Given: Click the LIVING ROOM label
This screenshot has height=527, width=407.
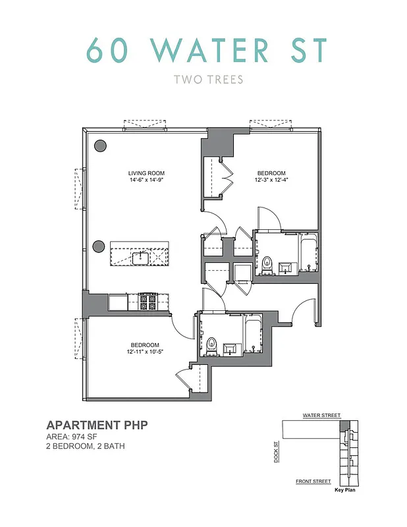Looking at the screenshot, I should pos(146,174).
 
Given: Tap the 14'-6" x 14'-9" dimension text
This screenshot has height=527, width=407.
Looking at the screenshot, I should pos(146,181).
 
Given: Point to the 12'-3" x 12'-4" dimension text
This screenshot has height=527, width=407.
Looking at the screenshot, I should pos(271,181).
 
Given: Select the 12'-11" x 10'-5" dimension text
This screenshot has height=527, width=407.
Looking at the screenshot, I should pos(145,352).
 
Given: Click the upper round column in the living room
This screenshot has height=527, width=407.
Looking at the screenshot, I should pos(101,146).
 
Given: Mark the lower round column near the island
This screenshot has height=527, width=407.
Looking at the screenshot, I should pos(99,246).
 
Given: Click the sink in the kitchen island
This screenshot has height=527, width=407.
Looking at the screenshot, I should pos(141,256).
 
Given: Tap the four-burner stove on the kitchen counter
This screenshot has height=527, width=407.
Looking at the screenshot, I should pos(148,302).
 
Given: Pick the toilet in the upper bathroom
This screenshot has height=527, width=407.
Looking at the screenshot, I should pos(267,265).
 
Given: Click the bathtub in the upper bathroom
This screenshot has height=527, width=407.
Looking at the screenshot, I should pos(308,257).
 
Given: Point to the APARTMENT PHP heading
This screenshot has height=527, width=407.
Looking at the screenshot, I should pos(96,425).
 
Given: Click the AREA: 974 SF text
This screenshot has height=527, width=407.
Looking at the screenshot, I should pos(77,437).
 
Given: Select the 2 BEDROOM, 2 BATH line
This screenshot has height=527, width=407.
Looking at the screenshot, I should pos(85,447).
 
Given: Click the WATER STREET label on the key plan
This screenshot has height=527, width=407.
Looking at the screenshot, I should pos(321,416).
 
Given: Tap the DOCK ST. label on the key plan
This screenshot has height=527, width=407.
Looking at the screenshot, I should pos(275,452).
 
